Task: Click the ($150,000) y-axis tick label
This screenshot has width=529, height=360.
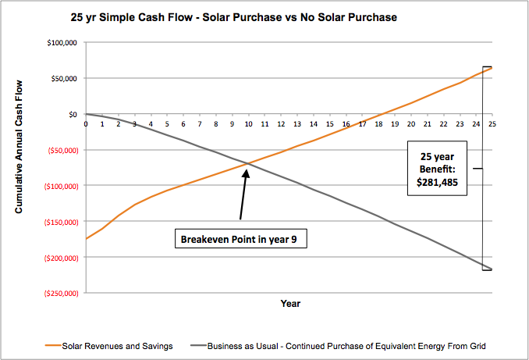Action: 59,221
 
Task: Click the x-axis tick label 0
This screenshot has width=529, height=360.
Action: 86,123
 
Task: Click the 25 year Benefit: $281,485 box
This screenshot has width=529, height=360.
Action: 438,167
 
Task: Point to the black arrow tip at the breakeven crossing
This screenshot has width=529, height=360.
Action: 247,166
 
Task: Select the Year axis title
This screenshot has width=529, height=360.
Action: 290,303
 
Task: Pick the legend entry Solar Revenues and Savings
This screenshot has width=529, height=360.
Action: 115,344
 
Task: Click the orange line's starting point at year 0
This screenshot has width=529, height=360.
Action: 87,238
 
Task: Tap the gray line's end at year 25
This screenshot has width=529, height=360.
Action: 491,269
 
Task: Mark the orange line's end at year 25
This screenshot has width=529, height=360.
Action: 491,68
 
